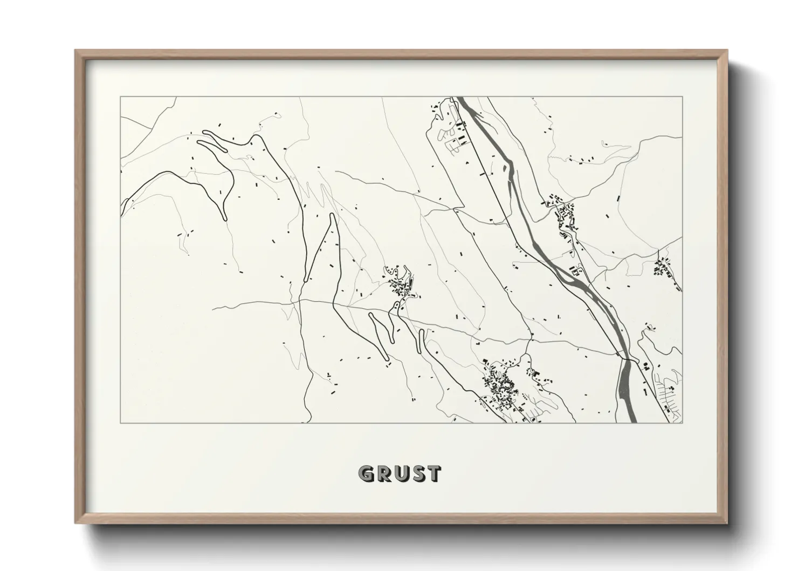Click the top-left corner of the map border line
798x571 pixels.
click(120, 97)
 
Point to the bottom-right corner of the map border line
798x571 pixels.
click(682, 423)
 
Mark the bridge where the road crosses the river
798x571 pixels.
click(627, 358)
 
